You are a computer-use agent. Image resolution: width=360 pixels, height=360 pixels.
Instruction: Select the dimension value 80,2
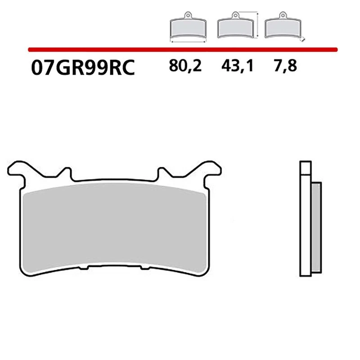(x=186, y=67)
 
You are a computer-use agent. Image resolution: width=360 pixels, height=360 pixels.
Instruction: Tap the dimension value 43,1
(x=238, y=67)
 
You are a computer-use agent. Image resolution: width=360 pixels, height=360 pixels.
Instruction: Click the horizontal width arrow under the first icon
(x=188, y=41)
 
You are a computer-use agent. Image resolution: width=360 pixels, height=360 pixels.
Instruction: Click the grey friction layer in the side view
(x=316, y=229)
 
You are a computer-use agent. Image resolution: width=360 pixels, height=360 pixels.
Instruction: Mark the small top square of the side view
(x=305, y=167)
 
